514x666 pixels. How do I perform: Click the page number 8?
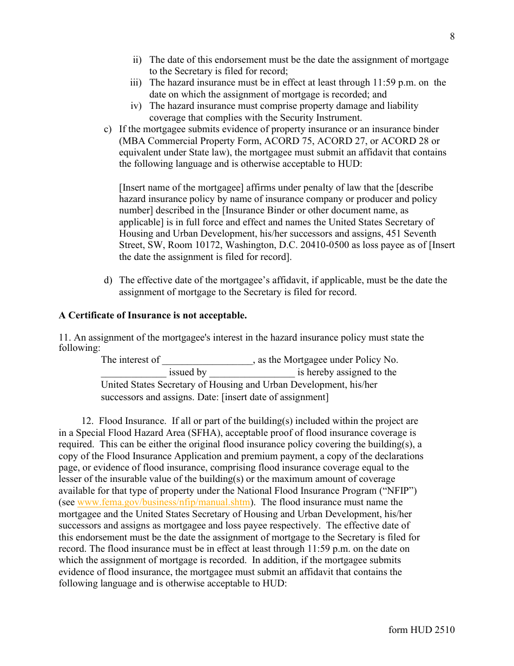tap(452, 36)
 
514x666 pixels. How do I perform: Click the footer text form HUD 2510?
tap(421, 630)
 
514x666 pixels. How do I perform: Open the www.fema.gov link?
tap(163, 502)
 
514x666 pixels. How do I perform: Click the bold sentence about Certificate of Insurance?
tap(153, 315)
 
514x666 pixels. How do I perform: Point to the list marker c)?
tap(108, 129)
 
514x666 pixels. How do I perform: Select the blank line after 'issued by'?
tap(252, 373)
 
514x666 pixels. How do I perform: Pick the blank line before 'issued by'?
tap(133, 373)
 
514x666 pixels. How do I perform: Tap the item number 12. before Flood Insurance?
tap(88, 421)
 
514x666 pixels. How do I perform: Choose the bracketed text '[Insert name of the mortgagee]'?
tap(181, 187)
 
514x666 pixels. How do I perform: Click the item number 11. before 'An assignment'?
tap(64, 338)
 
